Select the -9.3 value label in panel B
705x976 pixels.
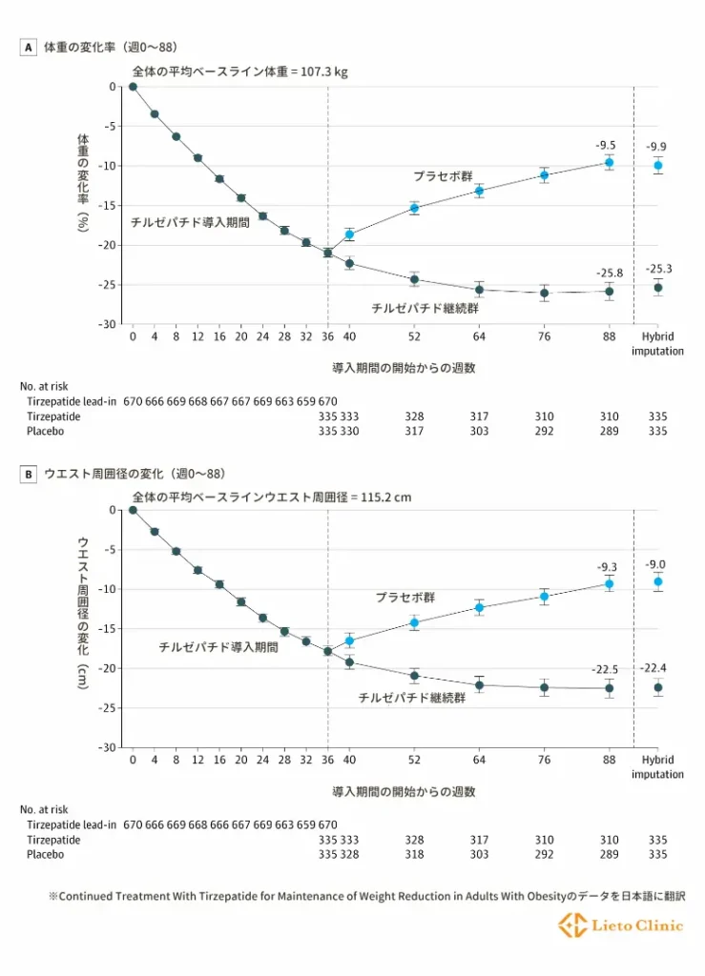coord(608,567)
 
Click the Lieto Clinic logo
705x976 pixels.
coord(621,925)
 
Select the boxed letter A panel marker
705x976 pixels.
coord(29,46)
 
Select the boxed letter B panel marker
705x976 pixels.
coord(29,473)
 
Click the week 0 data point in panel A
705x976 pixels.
coord(133,87)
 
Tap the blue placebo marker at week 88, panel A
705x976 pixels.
coord(609,163)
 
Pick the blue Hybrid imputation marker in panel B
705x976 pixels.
coord(657,581)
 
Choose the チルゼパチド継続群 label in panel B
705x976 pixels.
coord(411,698)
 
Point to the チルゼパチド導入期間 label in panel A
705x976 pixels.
coord(191,221)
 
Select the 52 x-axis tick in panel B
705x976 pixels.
coord(414,760)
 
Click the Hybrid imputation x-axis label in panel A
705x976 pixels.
coord(657,343)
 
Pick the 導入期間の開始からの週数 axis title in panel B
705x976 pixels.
coord(403,791)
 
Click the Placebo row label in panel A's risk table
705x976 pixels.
coord(46,432)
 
